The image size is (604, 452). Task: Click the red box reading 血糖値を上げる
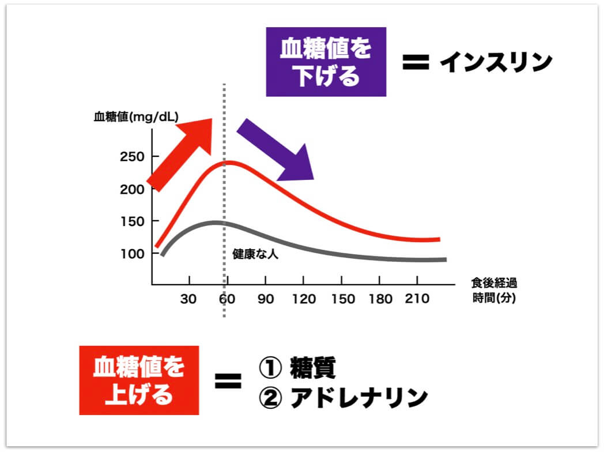click(x=139, y=380)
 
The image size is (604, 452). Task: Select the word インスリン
click(x=496, y=63)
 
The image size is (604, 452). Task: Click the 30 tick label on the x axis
click(x=190, y=299)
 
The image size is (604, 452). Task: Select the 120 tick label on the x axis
click(x=304, y=299)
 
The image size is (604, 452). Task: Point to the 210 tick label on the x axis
click(x=417, y=299)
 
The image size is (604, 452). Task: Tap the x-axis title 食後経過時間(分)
click(x=494, y=291)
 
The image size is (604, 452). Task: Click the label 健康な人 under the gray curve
click(x=255, y=254)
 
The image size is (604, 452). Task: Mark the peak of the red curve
click(x=228, y=162)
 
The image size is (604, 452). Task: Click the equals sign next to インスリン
click(x=416, y=63)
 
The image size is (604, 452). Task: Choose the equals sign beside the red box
click(x=228, y=381)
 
